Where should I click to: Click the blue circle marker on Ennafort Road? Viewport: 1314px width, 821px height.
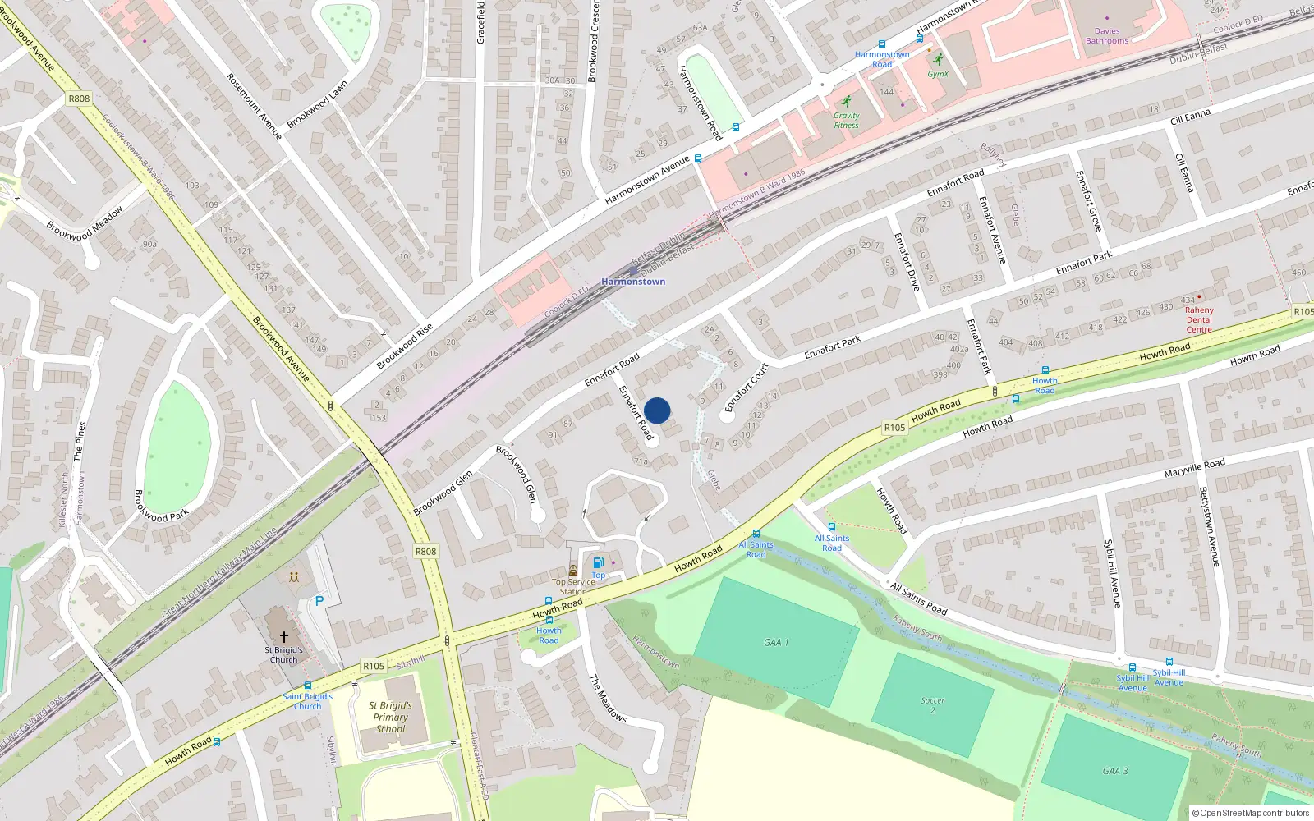coord(657,410)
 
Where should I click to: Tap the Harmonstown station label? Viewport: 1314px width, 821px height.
coord(633,282)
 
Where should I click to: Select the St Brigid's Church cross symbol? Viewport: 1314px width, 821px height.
coord(284,636)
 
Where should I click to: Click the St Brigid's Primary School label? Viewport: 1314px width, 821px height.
coord(391,717)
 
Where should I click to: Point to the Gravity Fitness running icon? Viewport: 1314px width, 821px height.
coord(846,101)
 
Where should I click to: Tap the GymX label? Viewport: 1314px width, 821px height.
coord(938,74)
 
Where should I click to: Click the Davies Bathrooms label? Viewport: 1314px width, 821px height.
coord(1107,36)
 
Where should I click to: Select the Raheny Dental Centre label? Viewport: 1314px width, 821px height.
coord(1199,319)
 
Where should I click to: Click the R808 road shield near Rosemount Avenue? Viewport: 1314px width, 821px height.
coord(79,99)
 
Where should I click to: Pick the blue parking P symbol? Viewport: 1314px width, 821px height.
coord(319,601)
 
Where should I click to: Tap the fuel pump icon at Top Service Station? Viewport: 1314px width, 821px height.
coord(599,562)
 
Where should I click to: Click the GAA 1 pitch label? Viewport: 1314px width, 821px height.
coord(776,642)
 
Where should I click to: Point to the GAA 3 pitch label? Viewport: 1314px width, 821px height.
coord(1115,771)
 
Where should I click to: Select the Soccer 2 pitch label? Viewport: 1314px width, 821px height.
coord(933,705)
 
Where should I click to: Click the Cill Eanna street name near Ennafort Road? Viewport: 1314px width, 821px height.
coord(1190,117)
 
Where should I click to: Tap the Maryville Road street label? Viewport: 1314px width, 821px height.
coord(1194,468)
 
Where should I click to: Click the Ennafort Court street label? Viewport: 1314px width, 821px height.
coord(747,388)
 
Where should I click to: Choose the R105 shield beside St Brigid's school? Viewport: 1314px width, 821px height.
coord(374,666)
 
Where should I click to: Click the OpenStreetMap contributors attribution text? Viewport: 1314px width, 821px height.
coord(1251,813)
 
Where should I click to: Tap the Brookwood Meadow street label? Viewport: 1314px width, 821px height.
coord(85,223)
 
